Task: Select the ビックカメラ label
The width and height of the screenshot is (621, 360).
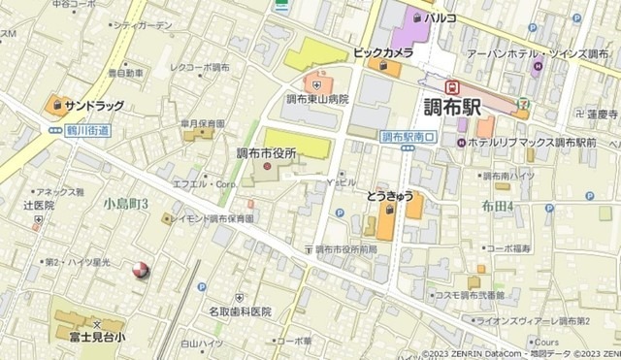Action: [x=383, y=50]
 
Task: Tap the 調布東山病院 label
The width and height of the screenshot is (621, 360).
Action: [x=316, y=99]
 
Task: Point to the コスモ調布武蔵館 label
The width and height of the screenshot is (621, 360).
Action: [x=469, y=294]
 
